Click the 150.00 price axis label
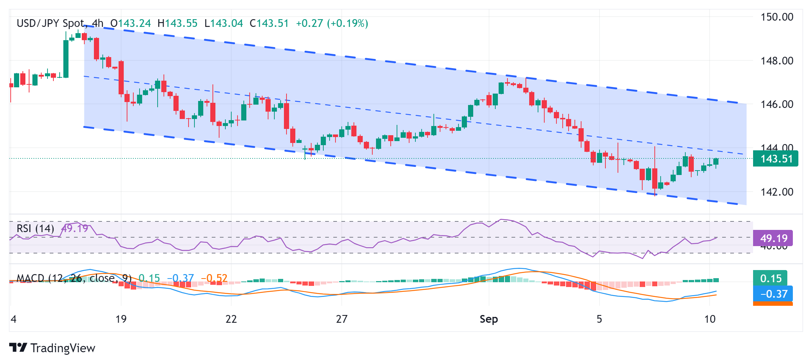777,17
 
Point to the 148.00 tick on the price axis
777,60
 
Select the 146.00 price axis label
777,104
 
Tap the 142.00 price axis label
777,192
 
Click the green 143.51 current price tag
776,159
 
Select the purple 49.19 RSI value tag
773,238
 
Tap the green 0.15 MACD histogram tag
770,278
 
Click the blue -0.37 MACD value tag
773,294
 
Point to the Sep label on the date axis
489,319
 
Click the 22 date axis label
231,319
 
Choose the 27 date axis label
341,319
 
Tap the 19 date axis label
121,319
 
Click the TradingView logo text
63,348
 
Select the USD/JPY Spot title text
50,24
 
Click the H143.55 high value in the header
177,24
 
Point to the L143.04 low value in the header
224,24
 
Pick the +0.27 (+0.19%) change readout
332,24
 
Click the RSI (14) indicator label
35,228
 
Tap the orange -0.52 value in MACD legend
214,278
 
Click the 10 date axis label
710,319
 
